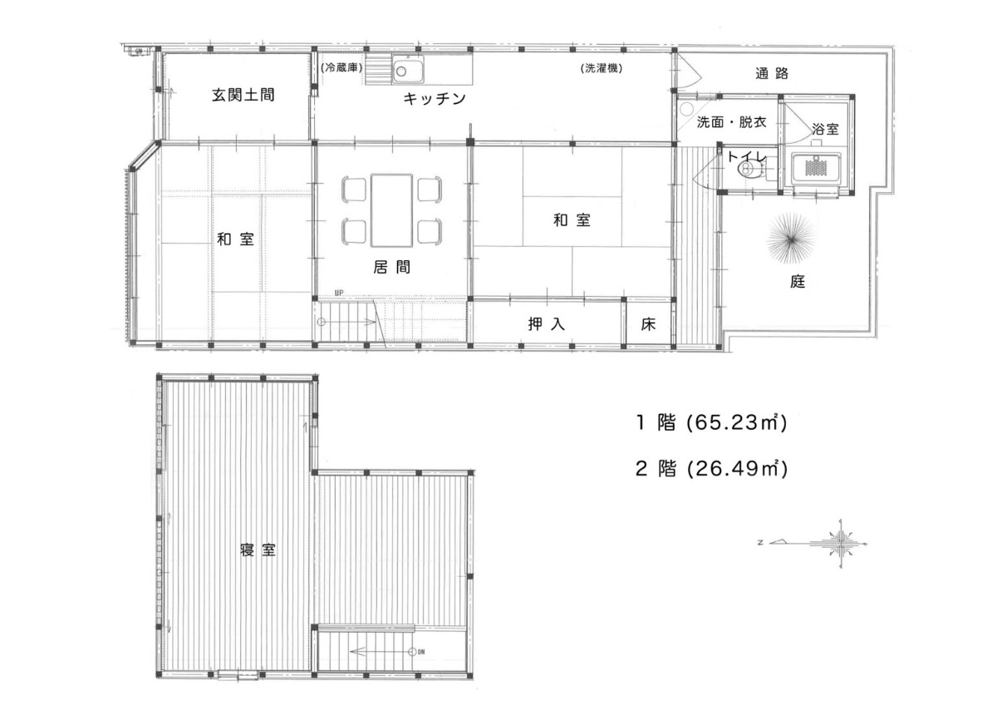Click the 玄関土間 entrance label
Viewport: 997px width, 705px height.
click(x=243, y=95)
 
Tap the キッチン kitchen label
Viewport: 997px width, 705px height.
click(x=435, y=98)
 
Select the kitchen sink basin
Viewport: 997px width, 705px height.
click(x=408, y=69)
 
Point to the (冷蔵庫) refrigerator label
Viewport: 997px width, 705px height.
click(x=341, y=68)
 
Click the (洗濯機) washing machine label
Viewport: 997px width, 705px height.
click(x=602, y=68)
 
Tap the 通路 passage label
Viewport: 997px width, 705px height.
click(x=772, y=73)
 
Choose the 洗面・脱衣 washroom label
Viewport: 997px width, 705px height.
click(x=731, y=122)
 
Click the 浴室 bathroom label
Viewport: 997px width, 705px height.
click(x=825, y=130)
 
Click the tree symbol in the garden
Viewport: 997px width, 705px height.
click(x=791, y=239)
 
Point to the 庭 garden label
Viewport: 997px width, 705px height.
click(x=798, y=282)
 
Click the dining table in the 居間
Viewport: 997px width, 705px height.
click(x=391, y=210)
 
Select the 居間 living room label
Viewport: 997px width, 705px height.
click(x=391, y=267)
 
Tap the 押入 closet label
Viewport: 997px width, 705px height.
click(x=547, y=323)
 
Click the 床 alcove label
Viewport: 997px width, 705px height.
click(x=649, y=324)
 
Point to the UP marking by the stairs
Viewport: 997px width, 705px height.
click(x=339, y=293)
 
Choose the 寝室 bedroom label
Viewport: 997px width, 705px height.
click(x=258, y=550)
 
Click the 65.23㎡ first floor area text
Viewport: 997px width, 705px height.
click(x=737, y=422)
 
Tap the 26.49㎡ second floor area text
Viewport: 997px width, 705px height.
click(x=737, y=469)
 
